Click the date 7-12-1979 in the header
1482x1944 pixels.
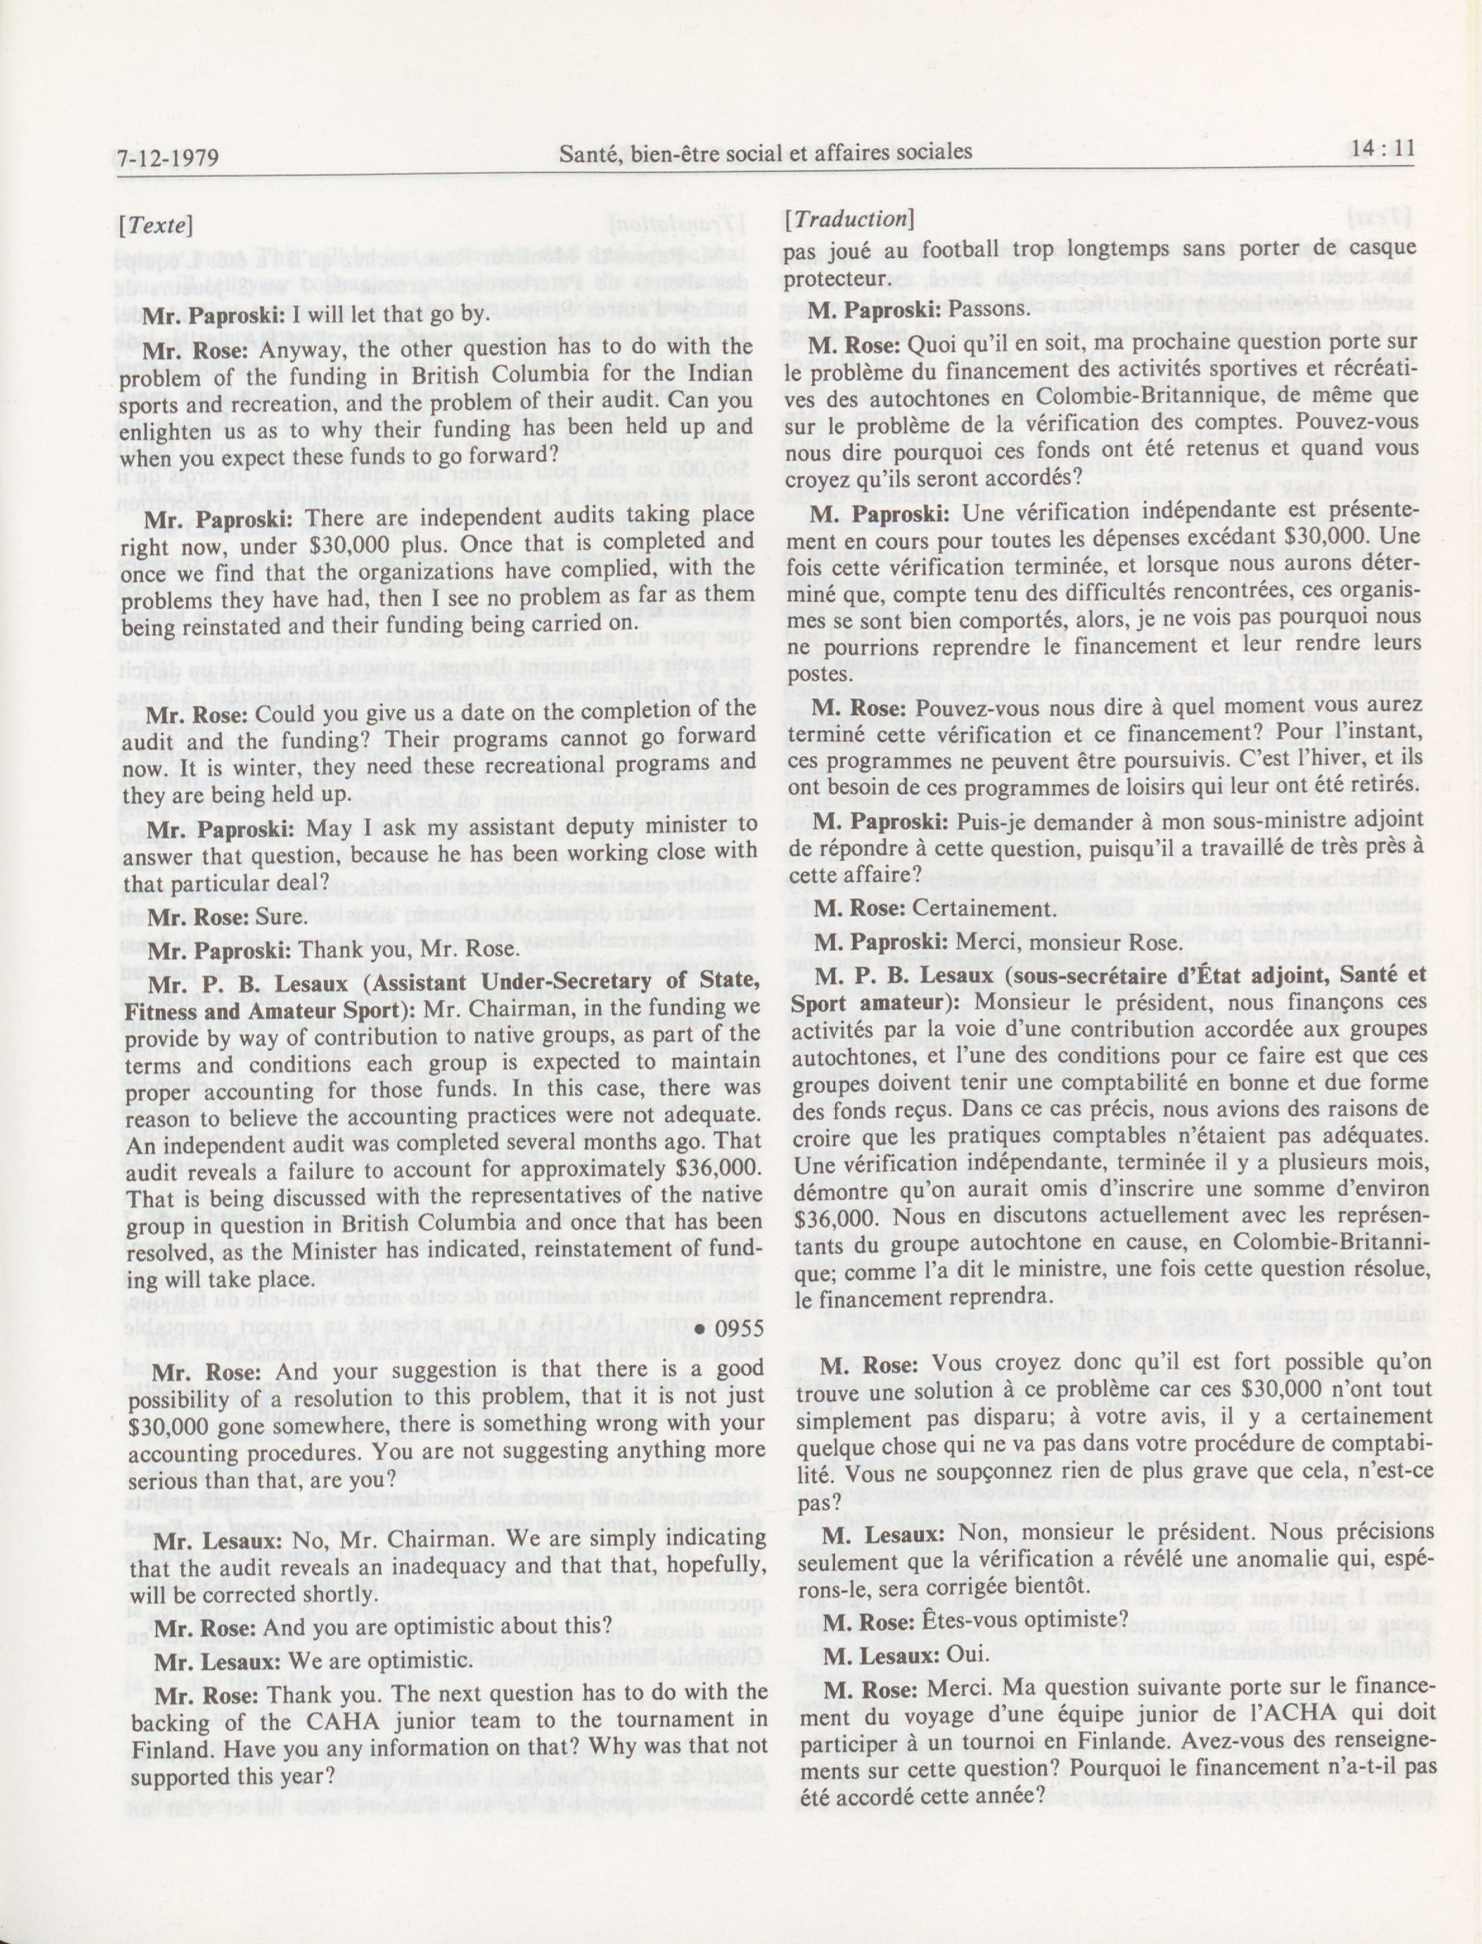point(169,159)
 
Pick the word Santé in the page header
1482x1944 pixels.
point(589,153)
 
